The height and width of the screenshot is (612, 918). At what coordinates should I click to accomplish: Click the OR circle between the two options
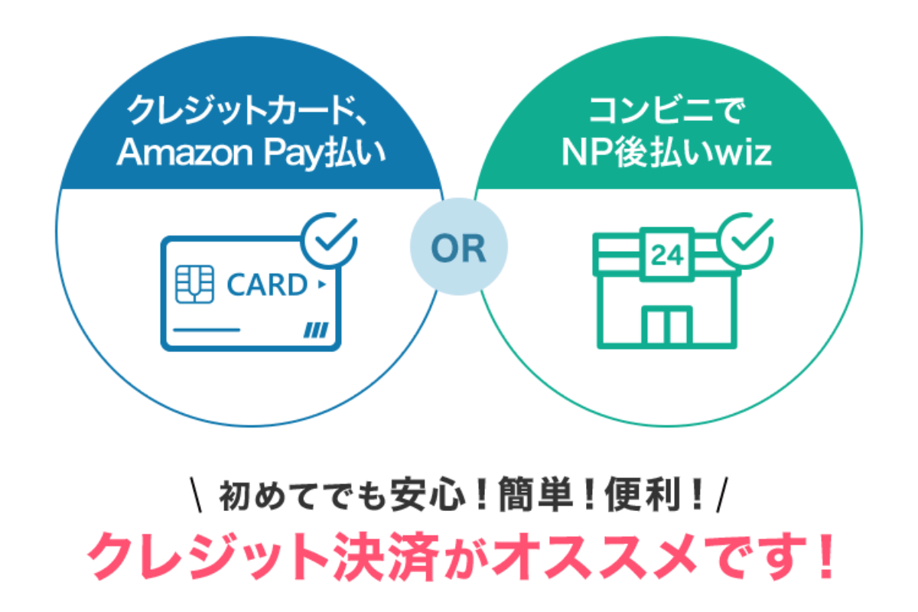(x=458, y=247)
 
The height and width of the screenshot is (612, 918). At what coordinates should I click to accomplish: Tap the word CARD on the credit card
(x=267, y=285)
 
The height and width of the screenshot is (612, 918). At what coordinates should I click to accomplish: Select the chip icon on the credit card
(x=194, y=284)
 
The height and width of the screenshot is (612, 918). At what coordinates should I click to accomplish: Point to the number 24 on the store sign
(x=667, y=256)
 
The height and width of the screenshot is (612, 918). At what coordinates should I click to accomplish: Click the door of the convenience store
(x=667, y=325)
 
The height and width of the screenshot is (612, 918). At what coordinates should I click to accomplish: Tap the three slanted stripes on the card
(x=316, y=330)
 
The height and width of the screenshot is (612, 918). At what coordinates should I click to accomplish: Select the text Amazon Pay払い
(x=251, y=153)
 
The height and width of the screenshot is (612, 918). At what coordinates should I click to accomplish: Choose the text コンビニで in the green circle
(x=667, y=110)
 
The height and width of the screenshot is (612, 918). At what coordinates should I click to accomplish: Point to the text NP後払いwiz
(x=667, y=152)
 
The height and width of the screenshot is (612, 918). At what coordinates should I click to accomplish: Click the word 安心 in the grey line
(x=428, y=495)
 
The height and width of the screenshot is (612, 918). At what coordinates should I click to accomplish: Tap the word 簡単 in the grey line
(x=535, y=495)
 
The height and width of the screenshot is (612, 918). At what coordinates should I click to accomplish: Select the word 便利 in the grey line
(x=643, y=495)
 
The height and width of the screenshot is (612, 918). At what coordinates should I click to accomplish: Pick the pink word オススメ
(x=594, y=557)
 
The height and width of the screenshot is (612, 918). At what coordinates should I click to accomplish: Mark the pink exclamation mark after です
(x=825, y=556)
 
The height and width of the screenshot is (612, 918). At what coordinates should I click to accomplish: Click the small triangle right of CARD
(x=322, y=284)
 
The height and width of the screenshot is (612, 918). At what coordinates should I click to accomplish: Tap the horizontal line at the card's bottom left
(x=207, y=330)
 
